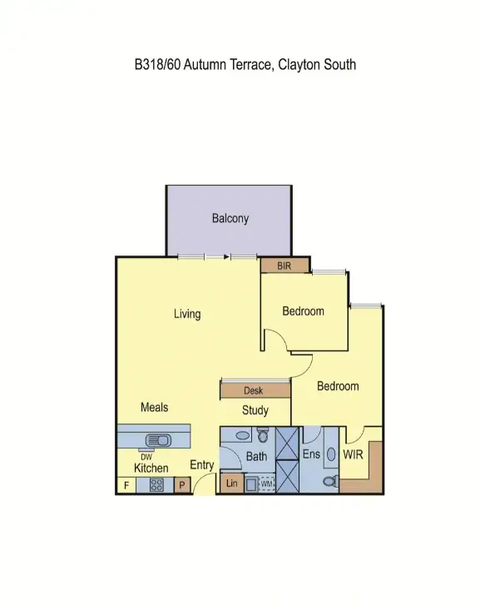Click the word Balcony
coord(230,219)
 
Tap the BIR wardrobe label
coord(285,265)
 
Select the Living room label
coord(186,314)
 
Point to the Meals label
coord(154,407)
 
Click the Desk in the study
coord(254,390)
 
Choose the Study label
coord(255,410)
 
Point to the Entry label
coord(202,465)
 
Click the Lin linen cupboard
coord(232,484)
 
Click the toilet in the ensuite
coord(329,482)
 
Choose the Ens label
coord(310,454)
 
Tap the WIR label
coord(354,456)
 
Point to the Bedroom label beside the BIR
coord(303,311)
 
